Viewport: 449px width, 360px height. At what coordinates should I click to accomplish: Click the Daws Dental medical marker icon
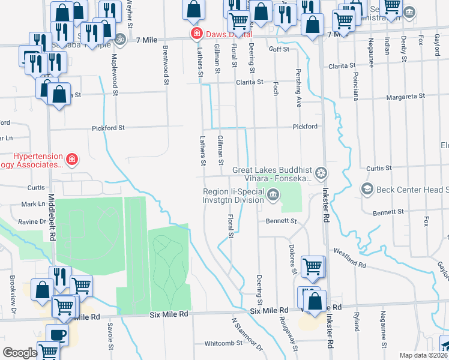coord(196,34)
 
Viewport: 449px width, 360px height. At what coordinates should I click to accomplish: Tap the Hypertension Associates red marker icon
coord(71,159)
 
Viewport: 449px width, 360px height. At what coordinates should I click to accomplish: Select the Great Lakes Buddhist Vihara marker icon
coord(322,173)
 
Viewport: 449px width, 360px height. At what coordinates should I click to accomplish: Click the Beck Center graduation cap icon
coord(366,190)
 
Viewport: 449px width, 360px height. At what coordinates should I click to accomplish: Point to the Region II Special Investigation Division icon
coord(273,194)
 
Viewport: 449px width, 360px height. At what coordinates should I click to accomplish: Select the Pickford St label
coord(108,128)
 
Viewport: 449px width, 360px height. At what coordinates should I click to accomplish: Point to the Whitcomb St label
coord(223,343)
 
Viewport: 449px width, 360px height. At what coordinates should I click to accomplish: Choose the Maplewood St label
coord(114,68)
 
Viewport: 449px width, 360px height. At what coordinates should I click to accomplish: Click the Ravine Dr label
coord(34,221)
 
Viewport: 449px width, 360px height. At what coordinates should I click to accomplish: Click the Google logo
coord(20,353)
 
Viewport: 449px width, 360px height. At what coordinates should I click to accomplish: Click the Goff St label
coord(279,49)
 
